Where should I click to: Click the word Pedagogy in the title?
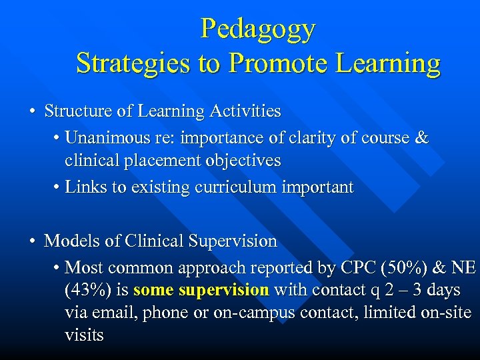pyautogui.click(x=258, y=29)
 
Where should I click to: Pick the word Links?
pyautogui.click(x=86, y=187)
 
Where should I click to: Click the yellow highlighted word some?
pyautogui.click(x=154, y=291)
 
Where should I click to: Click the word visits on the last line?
pyautogui.click(x=84, y=335)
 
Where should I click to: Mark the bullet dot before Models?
pyautogui.click(x=32, y=241)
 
